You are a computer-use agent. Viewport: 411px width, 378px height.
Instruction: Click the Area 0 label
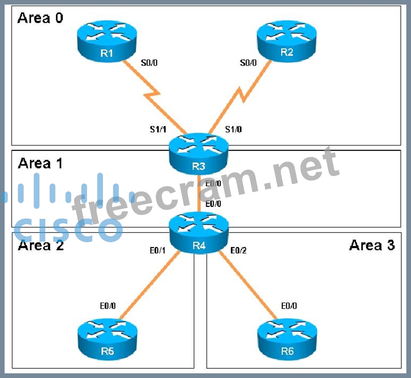point(40,18)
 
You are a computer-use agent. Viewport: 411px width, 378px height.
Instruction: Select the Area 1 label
point(40,163)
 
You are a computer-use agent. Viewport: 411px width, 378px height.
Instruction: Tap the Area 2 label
point(40,245)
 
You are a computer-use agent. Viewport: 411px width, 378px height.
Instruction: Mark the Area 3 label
point(372,245)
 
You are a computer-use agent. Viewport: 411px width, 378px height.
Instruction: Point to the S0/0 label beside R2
point(248,62)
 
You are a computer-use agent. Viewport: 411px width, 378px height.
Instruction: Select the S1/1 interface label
point(157,130)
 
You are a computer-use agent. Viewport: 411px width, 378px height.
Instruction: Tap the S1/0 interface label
point(233,130)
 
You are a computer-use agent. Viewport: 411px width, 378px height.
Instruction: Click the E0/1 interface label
point(157,251)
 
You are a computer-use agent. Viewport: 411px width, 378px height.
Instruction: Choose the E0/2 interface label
point(239,251)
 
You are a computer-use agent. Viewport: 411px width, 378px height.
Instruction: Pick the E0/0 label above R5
point(108,306)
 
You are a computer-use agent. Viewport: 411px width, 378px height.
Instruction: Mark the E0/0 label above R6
point(289,306)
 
